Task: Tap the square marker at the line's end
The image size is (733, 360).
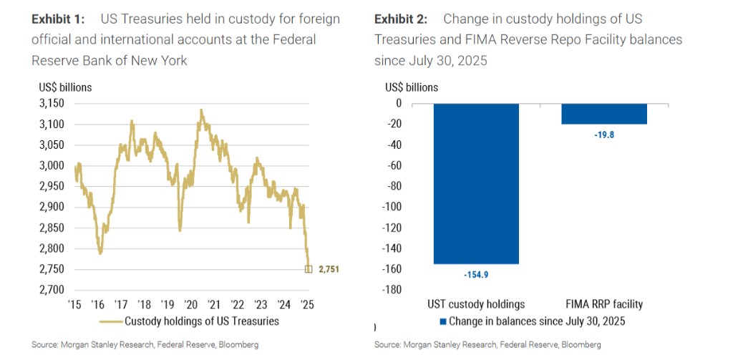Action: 309,269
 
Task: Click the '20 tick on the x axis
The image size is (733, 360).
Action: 192,303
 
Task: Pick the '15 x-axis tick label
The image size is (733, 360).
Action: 74,303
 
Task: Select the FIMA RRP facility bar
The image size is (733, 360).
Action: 604,114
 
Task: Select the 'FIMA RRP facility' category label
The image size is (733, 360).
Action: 604,303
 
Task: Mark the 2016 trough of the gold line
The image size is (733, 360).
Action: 100,253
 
